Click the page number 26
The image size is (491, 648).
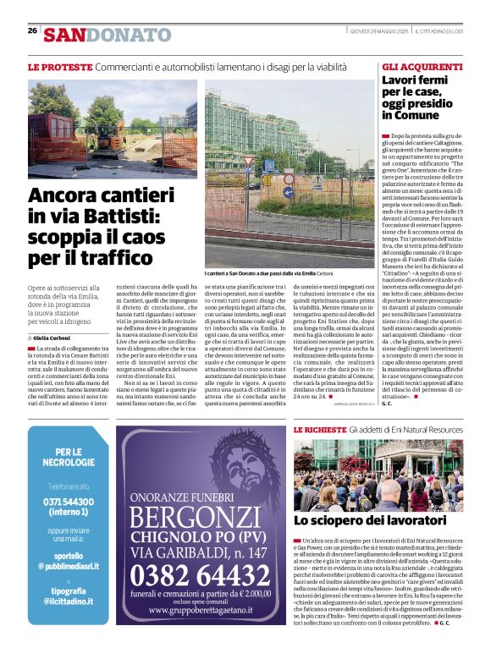(x=32, y=30)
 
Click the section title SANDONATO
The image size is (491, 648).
(x=108, y=35)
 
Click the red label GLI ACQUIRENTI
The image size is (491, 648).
(x=422, y=66)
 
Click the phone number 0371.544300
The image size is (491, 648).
(x=69, y=501)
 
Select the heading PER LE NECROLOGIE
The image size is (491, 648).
(x=69, y=458)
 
